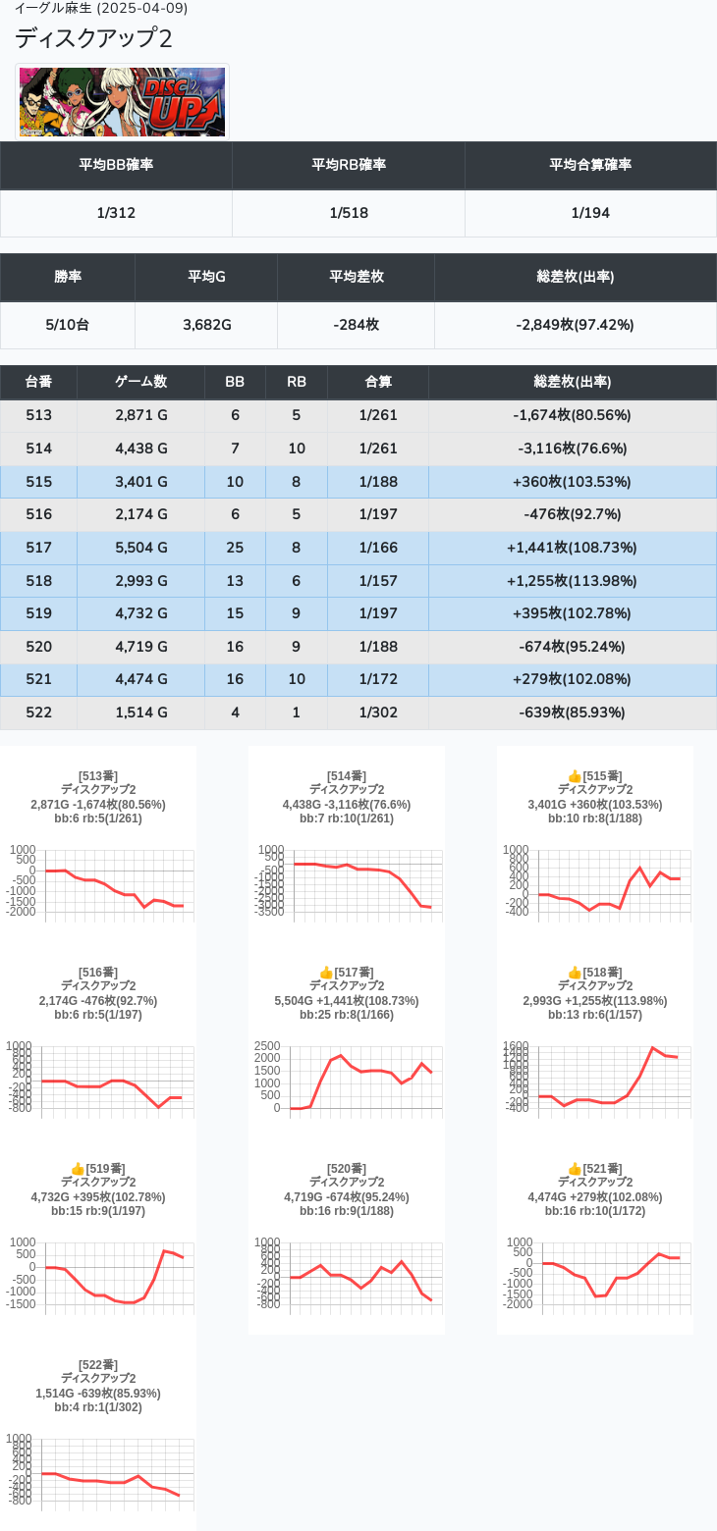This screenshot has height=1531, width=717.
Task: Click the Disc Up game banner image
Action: point(122,102)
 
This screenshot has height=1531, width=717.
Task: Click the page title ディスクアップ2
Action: point(93,38)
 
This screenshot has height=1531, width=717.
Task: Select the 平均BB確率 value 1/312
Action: point(116,213)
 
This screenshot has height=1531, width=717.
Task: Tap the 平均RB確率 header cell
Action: point(349,165)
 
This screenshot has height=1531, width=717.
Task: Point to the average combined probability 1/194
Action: point(590,213)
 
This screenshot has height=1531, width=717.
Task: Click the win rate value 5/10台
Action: point(68,325)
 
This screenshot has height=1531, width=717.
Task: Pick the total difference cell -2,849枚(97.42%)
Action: point(575,325)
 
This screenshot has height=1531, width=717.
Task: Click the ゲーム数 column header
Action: point(140,382)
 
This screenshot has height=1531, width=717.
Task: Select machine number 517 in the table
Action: point(39,548)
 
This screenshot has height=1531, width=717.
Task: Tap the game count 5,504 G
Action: point(141,548)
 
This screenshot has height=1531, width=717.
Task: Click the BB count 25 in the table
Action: point(235,548)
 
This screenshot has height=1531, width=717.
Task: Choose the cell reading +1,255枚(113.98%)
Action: point(572,581)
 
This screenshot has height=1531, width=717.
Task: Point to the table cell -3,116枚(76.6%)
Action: point(572,449)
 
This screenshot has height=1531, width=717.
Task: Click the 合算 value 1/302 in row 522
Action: point(378,713)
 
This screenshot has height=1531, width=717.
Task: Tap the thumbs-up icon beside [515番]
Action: point(575,776)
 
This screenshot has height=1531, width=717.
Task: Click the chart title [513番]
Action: point(98,776)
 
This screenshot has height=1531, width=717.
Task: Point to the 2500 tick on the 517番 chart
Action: point(267,1046)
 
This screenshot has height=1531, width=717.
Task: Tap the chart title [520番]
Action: point(347,1169)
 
